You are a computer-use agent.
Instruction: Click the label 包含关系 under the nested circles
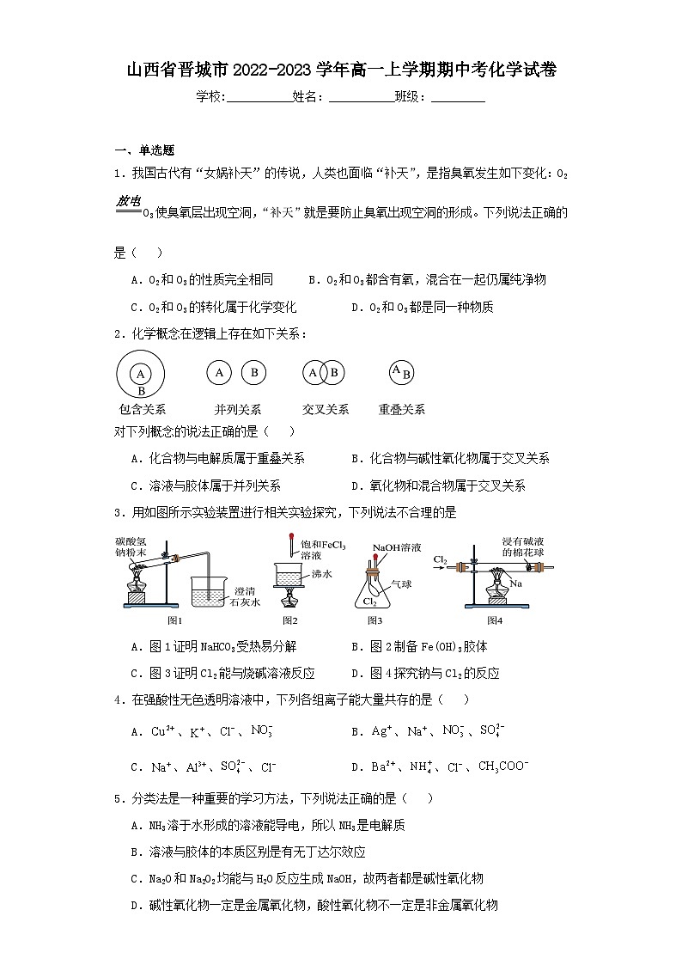(143, 410)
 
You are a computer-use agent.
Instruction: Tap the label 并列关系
(238, 410)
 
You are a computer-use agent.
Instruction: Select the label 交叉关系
(326, 410)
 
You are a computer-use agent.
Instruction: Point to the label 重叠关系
(401, 410)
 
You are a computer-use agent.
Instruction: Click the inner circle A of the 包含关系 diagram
(139, 373)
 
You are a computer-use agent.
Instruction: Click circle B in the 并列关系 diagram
(253, 372)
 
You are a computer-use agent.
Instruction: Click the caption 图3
(375, 620)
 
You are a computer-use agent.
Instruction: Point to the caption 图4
(496, 620)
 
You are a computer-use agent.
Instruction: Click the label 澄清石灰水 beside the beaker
(252, 596)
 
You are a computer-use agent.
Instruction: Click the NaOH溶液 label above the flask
(393, 547)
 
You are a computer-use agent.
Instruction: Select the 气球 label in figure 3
(401, 583)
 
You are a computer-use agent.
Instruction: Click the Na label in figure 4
(517, 583)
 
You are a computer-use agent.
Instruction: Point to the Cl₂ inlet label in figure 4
(440, 560)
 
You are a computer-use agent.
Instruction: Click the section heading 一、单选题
(144, 150)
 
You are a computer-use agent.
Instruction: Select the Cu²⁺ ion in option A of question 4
(163, 731)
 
